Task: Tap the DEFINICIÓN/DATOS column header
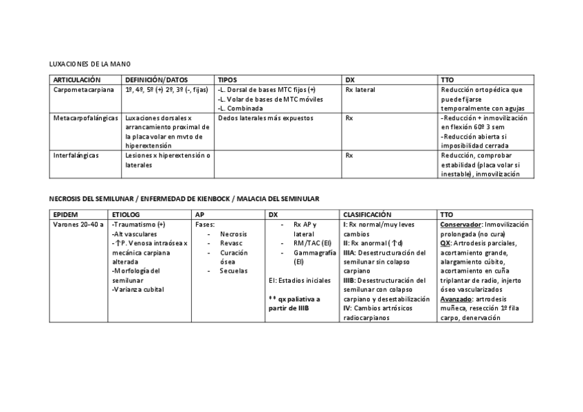[x=156, y=80]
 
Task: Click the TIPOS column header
[x=227, y=80]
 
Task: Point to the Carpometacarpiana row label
[x=84, y=89]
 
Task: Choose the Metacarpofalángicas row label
[x=85, y=118]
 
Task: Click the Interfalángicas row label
[x=76, y=155]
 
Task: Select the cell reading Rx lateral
[x=360, y=89]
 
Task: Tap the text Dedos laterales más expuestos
[x=265, y=118]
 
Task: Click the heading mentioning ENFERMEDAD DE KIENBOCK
[x=184, y=198]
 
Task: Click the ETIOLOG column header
[x=126, y=215]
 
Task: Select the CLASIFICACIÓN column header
[x=367, y=215]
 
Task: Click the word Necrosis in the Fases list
[x=234, y=234]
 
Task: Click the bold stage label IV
[x=346, y=309]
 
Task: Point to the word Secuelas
[x=234, y=271]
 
